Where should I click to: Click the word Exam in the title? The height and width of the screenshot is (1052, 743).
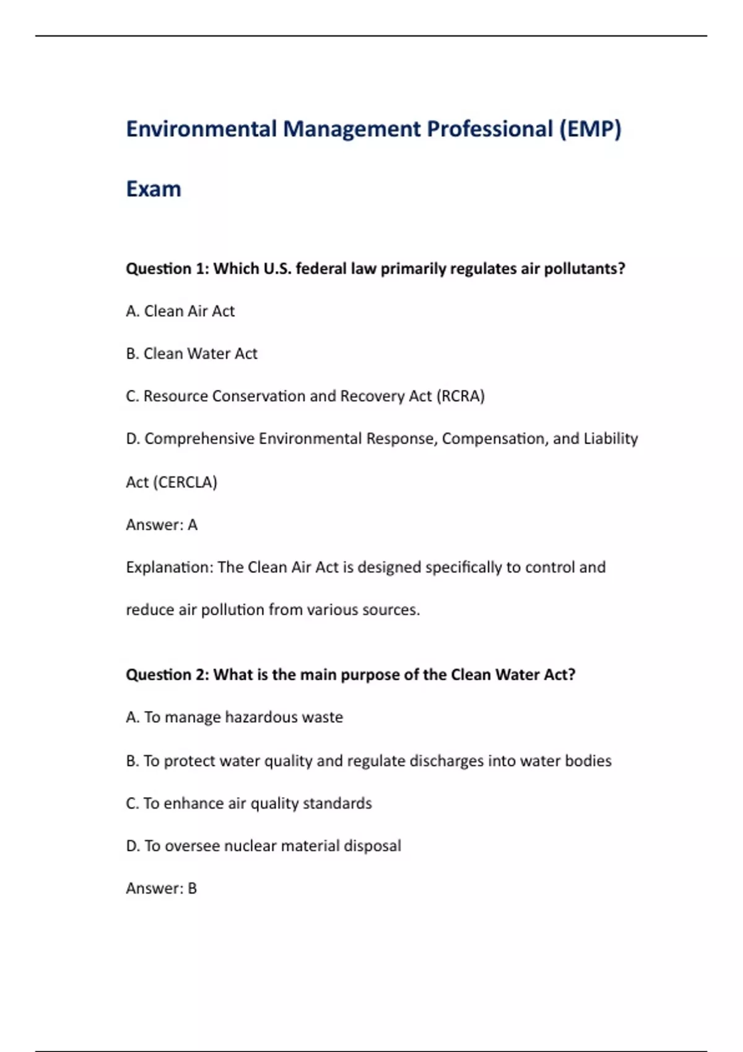(x=154, y=189)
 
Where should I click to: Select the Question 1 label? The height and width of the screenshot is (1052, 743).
(x=167, y=269)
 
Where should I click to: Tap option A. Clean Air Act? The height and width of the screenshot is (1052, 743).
(x=180, y=311)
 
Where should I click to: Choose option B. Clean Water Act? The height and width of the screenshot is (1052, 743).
(x=191, y=354)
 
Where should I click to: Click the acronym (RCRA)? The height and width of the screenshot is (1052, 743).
(x=460, y=396)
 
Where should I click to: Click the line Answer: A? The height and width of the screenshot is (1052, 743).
(x=162, y=525)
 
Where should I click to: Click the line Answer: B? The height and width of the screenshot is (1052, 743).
(x=161, y=889)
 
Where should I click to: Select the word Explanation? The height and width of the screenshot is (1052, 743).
(x=169, y=567)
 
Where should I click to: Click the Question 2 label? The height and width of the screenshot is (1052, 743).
(x=167, y=675)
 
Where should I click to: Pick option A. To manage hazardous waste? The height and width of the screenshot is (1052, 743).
(x=234, y=717)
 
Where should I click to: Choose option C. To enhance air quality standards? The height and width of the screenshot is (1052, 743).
(x=248, y=803)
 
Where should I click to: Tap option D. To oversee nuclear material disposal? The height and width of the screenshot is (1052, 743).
(x=263, y=846)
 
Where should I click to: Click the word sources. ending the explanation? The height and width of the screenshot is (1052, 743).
(x=391, y=610)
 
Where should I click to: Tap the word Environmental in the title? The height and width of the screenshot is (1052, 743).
(x=201, y=129)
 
